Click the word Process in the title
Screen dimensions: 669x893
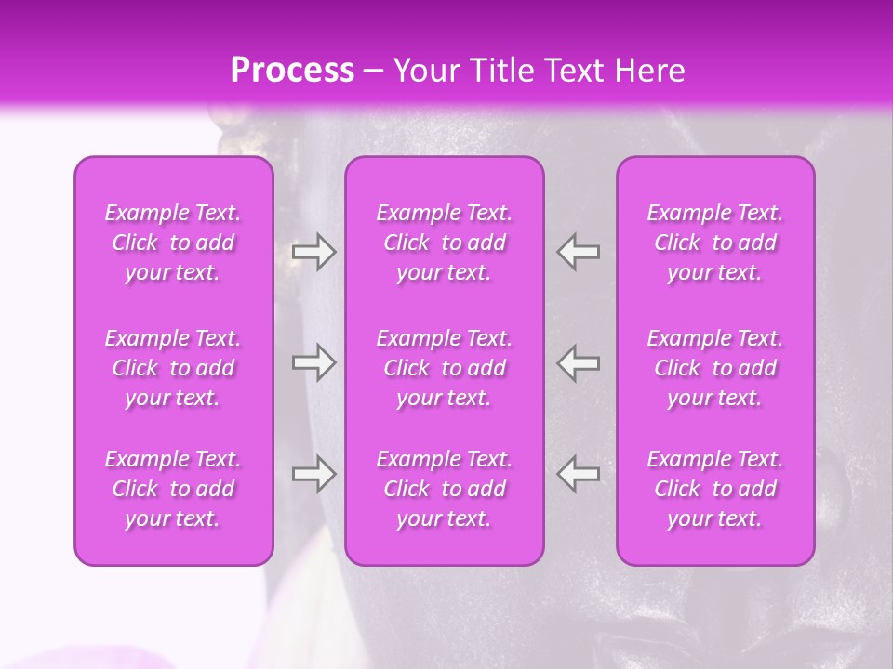(292, 71)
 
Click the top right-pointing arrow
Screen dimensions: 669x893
(313, 252)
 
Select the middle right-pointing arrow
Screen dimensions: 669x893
(313, 362)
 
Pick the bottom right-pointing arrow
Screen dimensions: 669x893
(313, 474)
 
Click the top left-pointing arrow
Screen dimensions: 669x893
(578, 252)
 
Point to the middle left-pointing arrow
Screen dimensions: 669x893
(578, 362)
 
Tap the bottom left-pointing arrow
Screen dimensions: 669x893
(578, 474)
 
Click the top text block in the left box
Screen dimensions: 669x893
(173, 243)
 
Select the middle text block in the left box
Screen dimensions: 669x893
(173, 368)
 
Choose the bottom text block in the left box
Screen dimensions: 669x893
(173, 489)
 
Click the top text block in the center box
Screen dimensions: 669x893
(445, 243)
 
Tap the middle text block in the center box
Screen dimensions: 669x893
(445, 368)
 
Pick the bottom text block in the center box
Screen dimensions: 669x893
(445, 489)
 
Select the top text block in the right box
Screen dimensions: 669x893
(715, 243)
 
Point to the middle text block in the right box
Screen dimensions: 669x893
(715, 368)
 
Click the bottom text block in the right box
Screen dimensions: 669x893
(715, 489)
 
